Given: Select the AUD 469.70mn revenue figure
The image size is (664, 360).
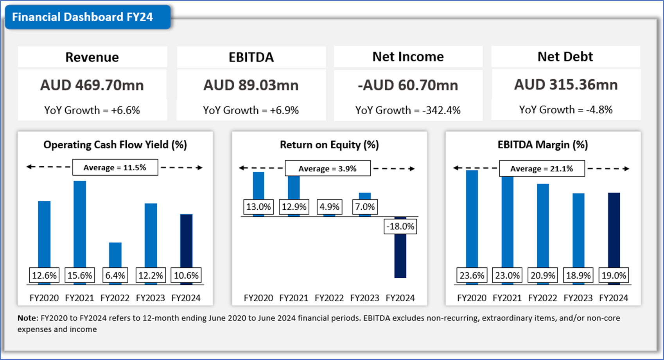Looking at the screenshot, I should point(92,85).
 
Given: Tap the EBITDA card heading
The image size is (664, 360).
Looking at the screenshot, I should point(251,57).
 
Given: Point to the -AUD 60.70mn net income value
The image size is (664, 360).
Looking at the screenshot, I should point(408,85).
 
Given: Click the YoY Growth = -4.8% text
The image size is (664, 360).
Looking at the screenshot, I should point(565,110).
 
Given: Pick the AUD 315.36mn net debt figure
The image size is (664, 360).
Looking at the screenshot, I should point(565,85).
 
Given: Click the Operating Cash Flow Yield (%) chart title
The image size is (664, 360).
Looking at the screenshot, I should point(115,145).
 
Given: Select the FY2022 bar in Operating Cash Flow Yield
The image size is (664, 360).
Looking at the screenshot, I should point(115,254).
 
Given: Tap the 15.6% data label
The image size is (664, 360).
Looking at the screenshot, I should point(80,275).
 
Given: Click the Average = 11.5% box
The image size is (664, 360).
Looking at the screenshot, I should point(115,167).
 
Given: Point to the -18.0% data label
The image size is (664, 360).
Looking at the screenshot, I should point(400,226).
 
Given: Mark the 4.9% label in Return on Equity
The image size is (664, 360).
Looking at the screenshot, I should point(329,207).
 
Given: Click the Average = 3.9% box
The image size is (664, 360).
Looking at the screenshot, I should point(327,169).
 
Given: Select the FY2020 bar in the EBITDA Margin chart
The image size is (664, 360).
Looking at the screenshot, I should point(472,219).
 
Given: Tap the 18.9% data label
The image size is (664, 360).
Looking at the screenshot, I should point(578,275).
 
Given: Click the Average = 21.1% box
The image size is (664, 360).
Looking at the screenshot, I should point(542,169).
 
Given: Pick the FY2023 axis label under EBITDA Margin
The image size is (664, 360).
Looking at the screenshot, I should point(578,298).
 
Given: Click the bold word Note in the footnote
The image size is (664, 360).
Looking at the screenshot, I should point(27,318).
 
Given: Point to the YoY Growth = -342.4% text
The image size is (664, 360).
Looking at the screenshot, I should point(408,110).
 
